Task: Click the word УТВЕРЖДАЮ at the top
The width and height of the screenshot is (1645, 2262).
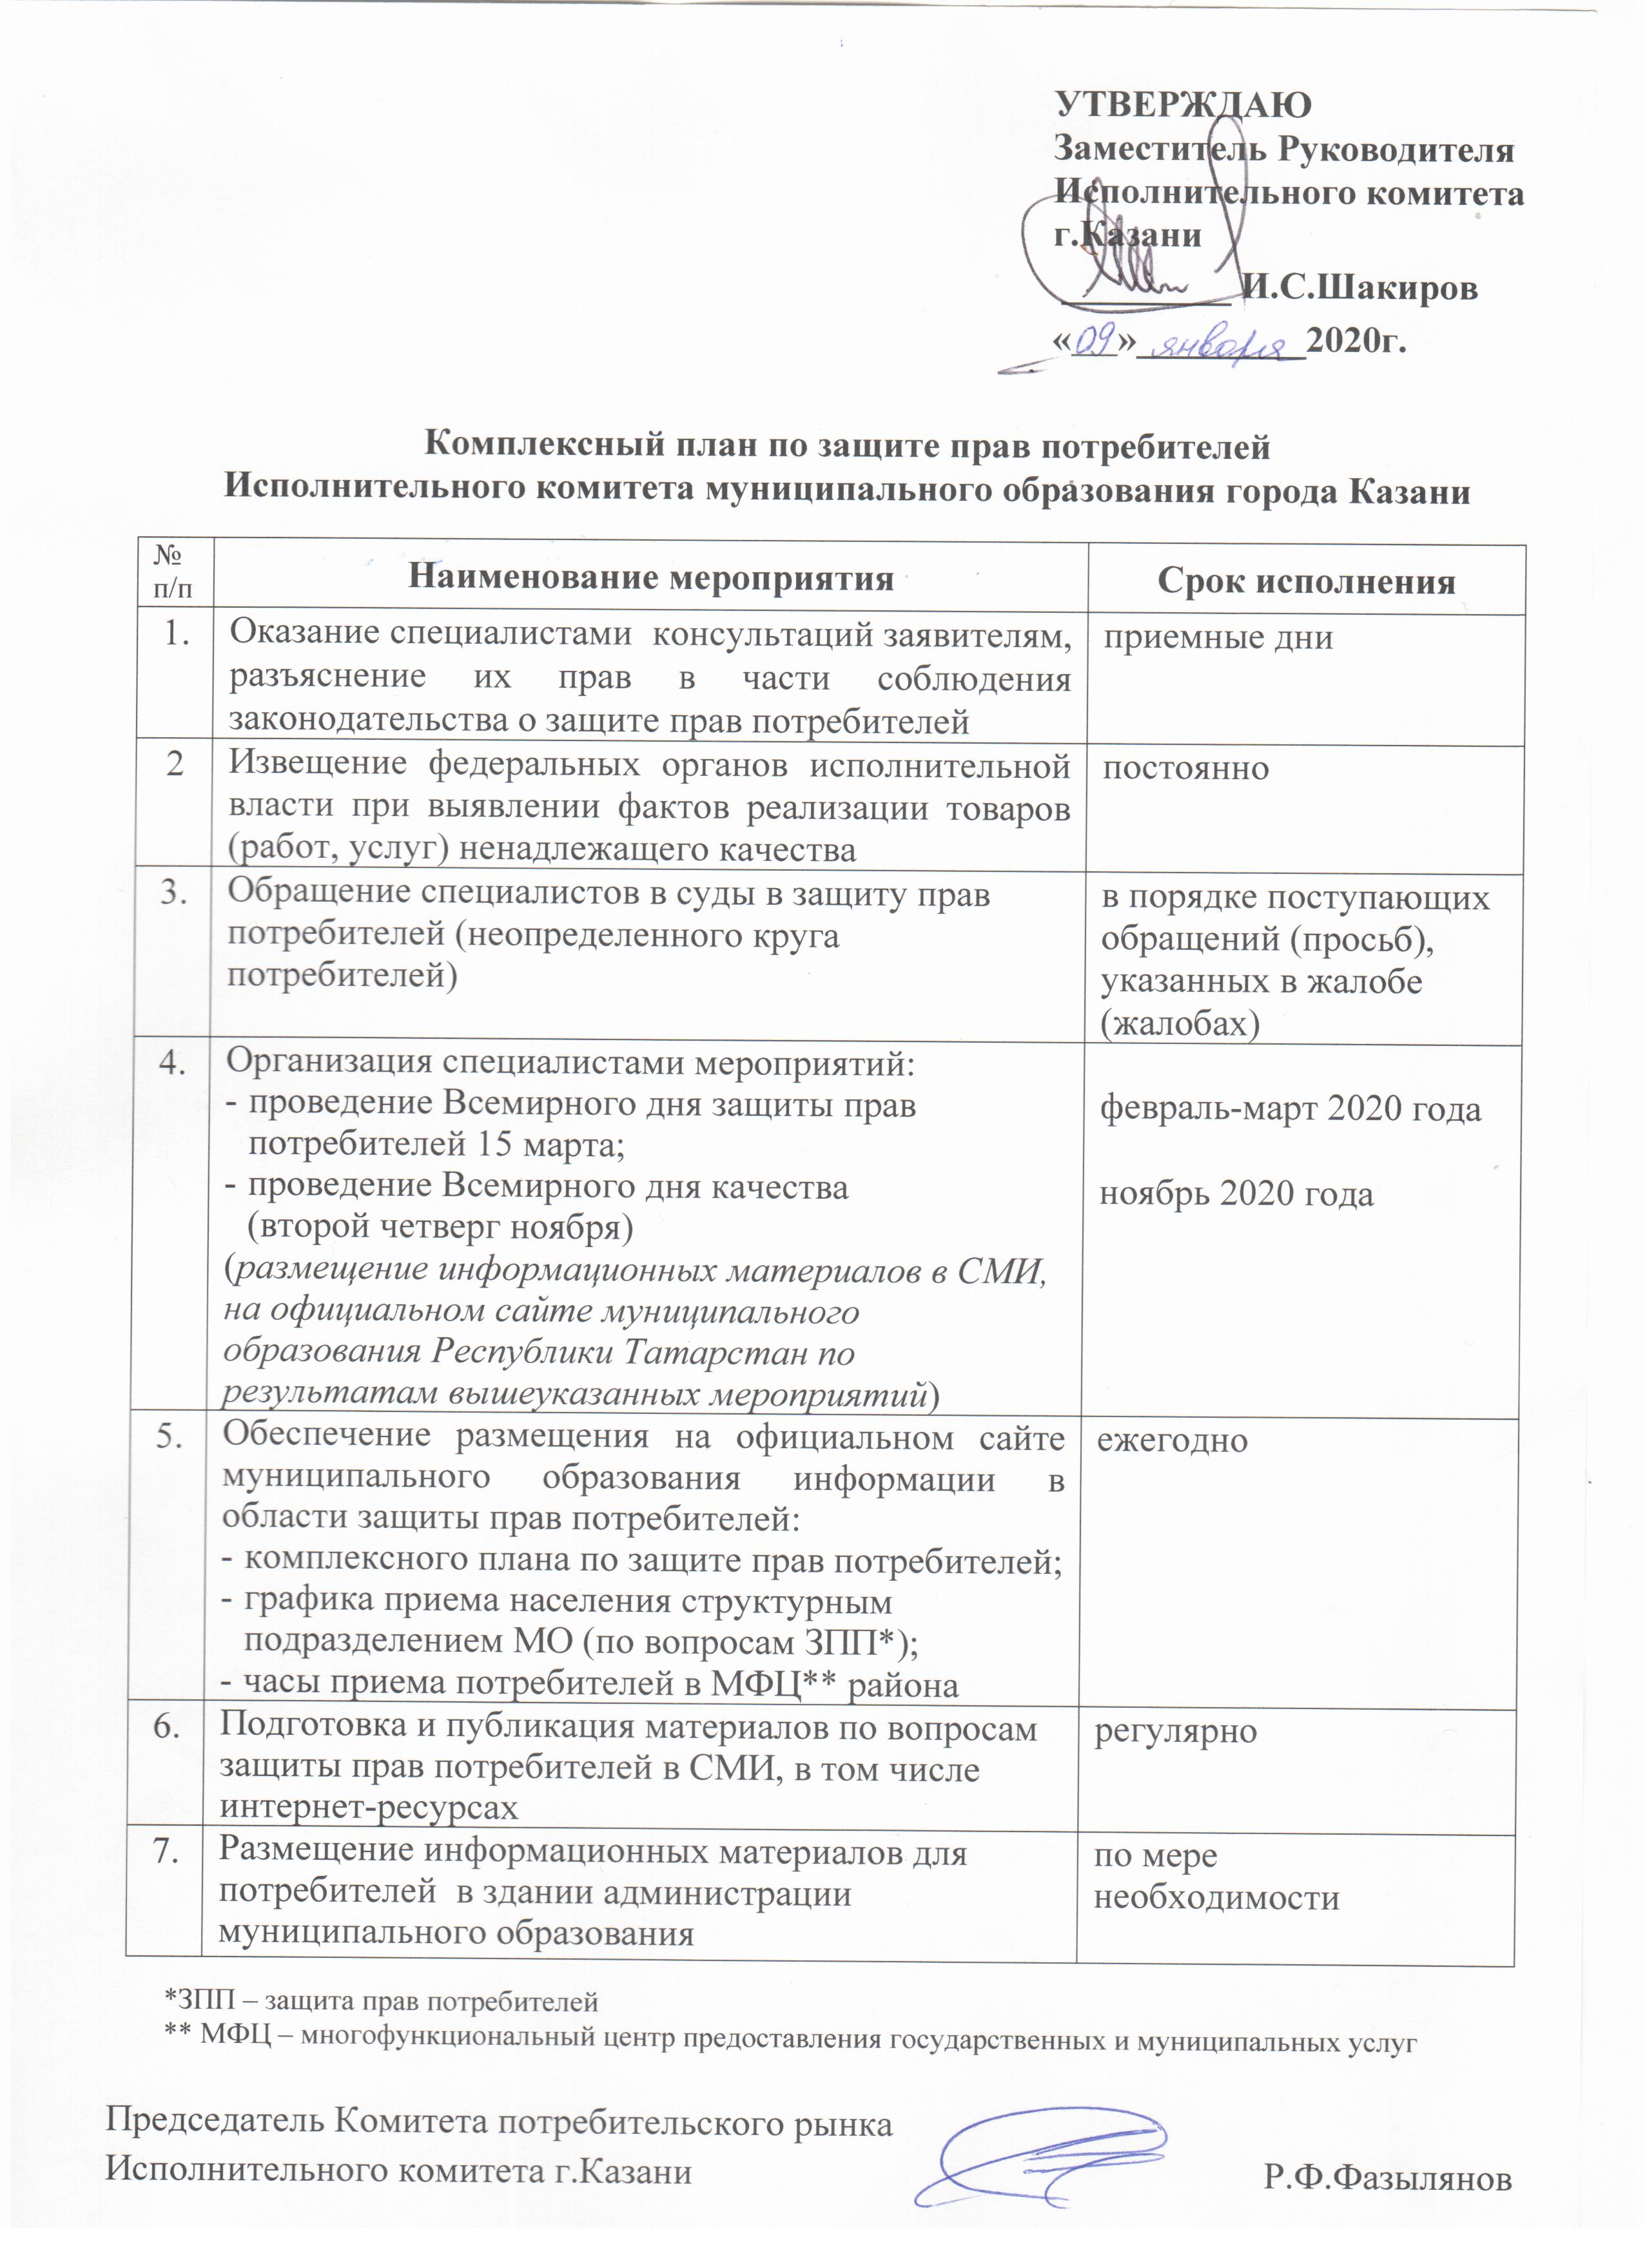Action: point(1182,104)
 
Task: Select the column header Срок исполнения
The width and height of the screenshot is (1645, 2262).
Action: point(1306,581)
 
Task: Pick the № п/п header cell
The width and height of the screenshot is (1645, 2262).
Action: point(173,575)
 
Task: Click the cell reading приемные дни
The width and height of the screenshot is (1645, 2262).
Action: point(1217,637)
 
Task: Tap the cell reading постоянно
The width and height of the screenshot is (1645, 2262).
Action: point(1185,768)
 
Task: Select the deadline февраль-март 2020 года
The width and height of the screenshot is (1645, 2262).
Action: point(1290,1110)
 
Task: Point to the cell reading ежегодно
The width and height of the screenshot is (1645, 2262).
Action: point(1172,1441)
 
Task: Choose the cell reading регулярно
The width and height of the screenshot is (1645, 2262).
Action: point(1175,1730)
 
